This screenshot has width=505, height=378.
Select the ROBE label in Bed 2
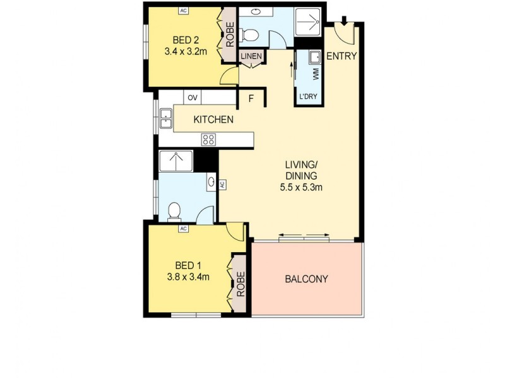[230, 35]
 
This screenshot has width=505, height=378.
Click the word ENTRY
[342, 56]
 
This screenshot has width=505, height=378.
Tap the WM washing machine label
[316, 72]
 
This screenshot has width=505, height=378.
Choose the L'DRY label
[309, 96]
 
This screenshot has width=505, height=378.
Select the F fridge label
[251, 99]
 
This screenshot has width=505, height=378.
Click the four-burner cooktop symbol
[209, 139]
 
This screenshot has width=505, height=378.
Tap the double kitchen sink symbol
[166, 118]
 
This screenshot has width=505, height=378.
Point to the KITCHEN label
[214, 120]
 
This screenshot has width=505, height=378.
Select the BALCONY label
[306, 279]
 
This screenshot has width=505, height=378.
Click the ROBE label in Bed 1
[241, 284]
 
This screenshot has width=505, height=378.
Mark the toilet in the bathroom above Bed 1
[175, 211]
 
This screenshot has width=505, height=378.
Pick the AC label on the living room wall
[222, 185]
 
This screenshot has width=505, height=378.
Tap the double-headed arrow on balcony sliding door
[304, 236]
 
